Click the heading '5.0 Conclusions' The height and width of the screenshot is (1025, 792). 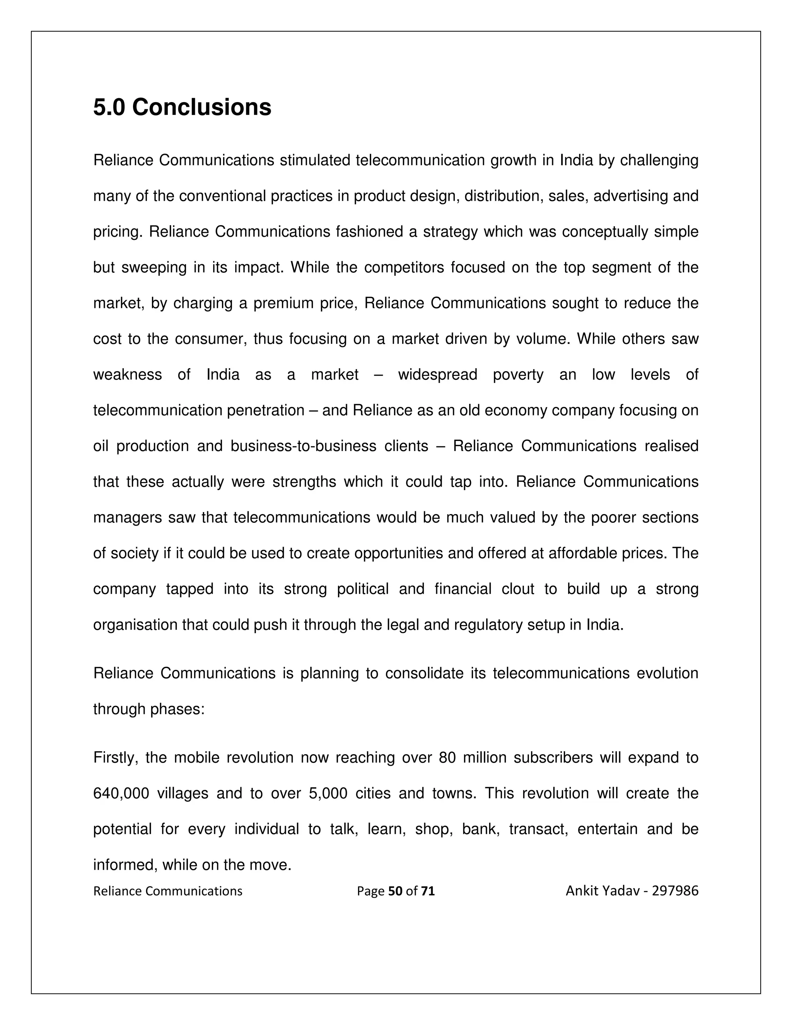click(182, 108)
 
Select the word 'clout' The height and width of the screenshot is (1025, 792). click(517, 589)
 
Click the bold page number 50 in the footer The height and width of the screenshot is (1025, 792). click(396, 891)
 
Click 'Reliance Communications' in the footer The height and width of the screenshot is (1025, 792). click(167, 891)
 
